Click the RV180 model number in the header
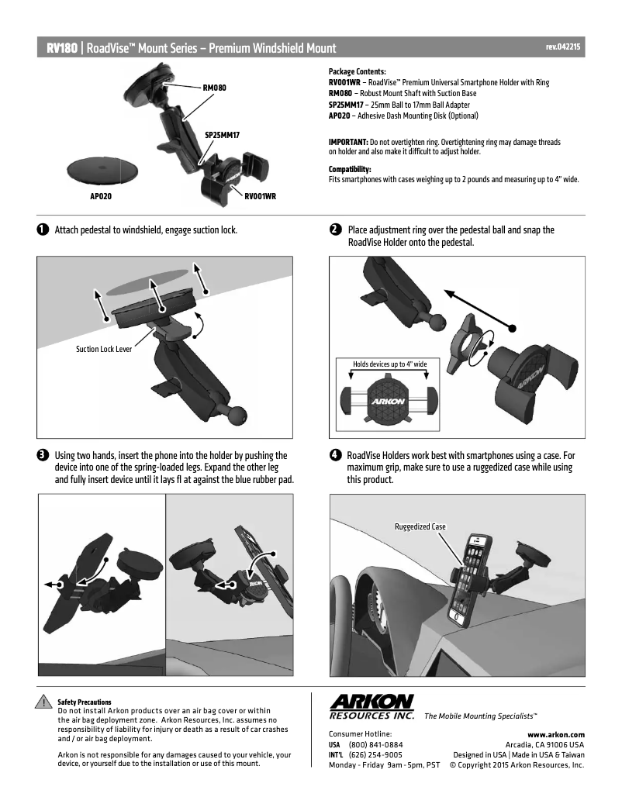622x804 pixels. pyautogui.click(x=62, y=48)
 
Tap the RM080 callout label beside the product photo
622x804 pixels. pyautogui.click(x=214, y=88)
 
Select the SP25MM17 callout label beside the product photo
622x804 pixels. pyautogui.click(x=222, y=135)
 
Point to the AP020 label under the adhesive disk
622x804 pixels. pyautogui.click(x=101, y=197)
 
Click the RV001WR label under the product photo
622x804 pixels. pyautogui.click(x=260, y=197)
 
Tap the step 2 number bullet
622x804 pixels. pyautogui.click(x=335, y=230)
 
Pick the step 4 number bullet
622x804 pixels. pyautogui.click(x=335, y=455)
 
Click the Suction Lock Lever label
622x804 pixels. pyautogui.click(x=104, y=349)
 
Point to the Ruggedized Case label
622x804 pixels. pyautogui.click(x=420, y=526)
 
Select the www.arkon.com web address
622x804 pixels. pyautogui.click(x=555, y=733)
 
